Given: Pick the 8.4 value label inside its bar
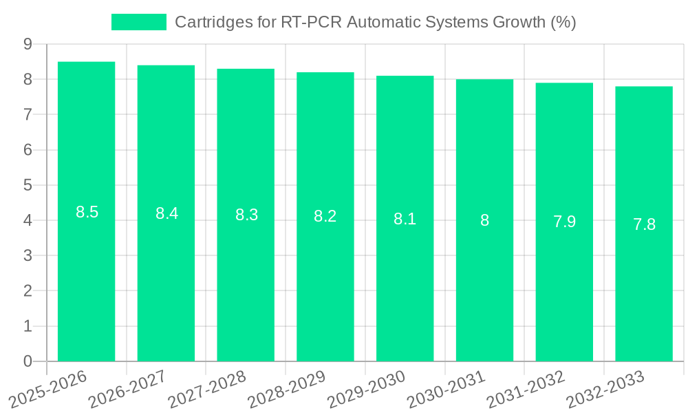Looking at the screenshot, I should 166,213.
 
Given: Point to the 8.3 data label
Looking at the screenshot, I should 246,215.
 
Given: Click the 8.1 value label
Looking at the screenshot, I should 405,219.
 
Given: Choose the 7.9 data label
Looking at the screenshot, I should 564,222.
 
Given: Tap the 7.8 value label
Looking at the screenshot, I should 644,224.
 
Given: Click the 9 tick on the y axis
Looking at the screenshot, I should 28,44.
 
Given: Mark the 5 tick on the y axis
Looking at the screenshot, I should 28,185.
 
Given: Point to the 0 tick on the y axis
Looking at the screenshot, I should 28,361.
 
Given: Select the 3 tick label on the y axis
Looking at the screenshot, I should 28,256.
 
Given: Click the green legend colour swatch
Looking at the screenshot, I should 139,22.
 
